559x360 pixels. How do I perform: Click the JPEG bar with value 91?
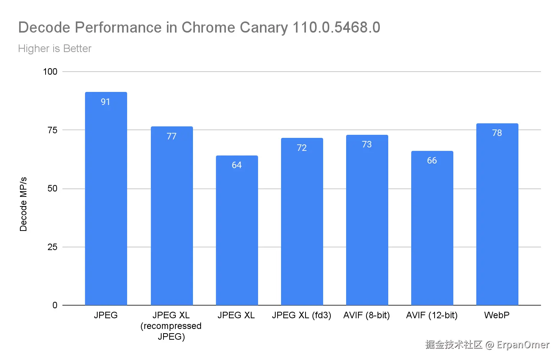106,199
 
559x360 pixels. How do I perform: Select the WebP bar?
497,214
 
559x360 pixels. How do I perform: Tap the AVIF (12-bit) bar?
432,230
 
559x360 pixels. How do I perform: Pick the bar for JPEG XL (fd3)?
302,222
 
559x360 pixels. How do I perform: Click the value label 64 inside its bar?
237,165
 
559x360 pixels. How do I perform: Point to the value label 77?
172,136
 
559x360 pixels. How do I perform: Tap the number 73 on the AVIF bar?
367,144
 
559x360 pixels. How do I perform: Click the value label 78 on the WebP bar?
497,133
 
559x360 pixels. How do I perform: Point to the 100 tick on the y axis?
50,72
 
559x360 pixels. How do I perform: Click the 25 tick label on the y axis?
52,247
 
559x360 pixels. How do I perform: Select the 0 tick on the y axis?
55,305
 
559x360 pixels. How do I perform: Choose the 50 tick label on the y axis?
52,188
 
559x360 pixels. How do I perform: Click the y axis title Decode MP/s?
23,204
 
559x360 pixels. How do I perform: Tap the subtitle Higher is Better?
55,49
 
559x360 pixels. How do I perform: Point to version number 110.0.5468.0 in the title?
336,28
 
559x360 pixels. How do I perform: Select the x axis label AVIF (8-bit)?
366,315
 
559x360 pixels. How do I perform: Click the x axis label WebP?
497,315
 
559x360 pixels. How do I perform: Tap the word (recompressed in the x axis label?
171,326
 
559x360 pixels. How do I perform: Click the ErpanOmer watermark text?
523,345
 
